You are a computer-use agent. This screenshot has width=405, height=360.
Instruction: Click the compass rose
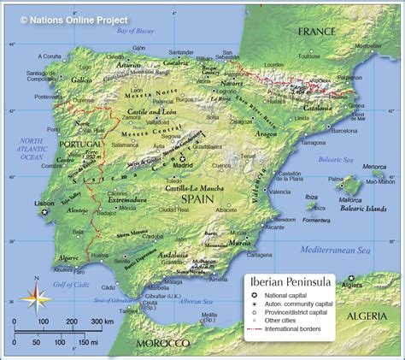click(x=34, y=297)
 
